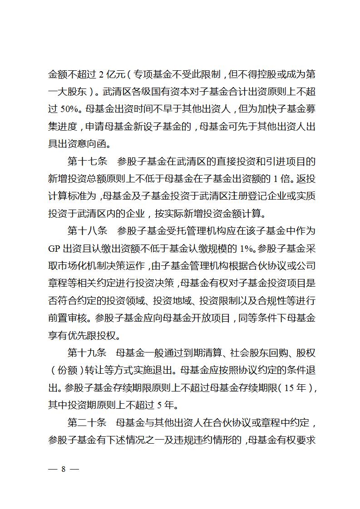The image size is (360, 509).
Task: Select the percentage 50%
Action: (70, 109)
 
